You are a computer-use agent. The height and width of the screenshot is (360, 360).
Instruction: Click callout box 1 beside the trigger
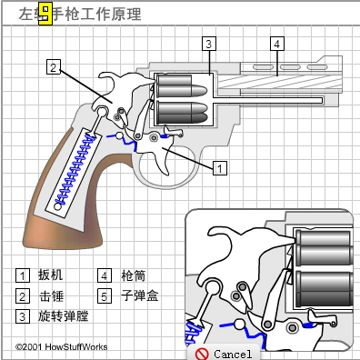pos(218,167)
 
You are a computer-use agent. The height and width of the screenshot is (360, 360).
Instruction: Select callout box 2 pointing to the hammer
pos(55,66)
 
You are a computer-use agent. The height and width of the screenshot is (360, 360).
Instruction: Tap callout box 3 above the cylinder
pos(208,44)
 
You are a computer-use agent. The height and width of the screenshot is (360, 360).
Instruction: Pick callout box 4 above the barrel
pos(277,43)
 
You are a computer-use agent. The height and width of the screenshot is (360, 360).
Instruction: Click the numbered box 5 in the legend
pos(105,296)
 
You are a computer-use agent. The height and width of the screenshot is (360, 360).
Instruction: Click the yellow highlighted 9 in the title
pos(43,14)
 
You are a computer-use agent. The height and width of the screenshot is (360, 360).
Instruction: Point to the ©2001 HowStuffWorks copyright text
pos(56,347)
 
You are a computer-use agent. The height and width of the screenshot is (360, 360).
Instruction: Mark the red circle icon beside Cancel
pos(202,353)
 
